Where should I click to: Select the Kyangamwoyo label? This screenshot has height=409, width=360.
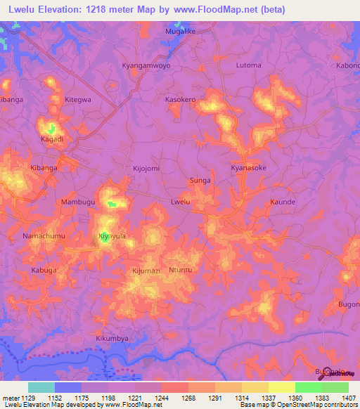point(146,65)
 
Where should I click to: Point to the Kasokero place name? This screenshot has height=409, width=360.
point(180,100)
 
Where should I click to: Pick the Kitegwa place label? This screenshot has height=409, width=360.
point(78,100)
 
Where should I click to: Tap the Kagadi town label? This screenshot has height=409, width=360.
point(52,139)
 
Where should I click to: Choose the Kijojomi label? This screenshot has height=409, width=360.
point(146,169)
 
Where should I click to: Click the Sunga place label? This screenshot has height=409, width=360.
point(200,181)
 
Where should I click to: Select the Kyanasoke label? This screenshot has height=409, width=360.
point(249,169)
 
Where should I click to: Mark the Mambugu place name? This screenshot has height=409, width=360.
point(77,202)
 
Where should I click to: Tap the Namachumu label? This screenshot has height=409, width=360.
point(44,235)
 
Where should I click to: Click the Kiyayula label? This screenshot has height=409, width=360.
point(112,236)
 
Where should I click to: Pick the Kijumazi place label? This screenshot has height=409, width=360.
point(146,270)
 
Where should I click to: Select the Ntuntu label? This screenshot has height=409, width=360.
point(181,270)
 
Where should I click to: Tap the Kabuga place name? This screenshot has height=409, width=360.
point(44,270)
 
